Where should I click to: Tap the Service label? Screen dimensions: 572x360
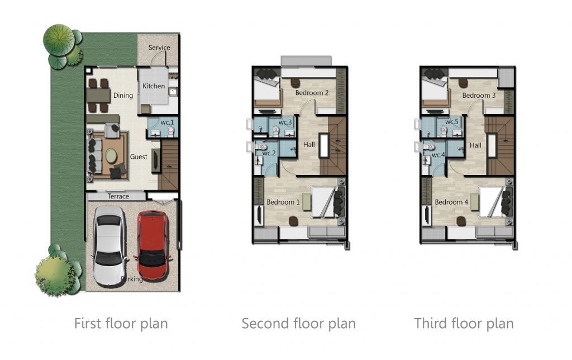point(159,48)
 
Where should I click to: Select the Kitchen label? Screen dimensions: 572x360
point(154,86)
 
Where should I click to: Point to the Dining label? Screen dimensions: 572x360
point(123,95)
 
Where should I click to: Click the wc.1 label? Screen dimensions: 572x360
point(167,122)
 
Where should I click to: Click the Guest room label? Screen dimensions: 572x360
point(139,157)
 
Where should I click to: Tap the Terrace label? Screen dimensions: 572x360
point(118,196)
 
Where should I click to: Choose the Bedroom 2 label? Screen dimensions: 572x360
point(312,93)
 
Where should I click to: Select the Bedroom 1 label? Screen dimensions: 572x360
point(283,202)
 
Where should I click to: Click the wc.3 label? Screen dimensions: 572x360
point(285,122)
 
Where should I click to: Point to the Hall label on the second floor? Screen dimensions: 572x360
point(309,145)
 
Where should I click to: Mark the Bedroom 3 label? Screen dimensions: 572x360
point(479,95)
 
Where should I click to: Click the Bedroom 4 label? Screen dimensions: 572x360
point(451,202)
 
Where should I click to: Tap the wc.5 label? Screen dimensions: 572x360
point(451,121)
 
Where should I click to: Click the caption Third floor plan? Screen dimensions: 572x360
point(464,324)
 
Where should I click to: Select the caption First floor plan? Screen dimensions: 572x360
point(121,324)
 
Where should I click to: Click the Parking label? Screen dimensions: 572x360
point(132,279)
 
